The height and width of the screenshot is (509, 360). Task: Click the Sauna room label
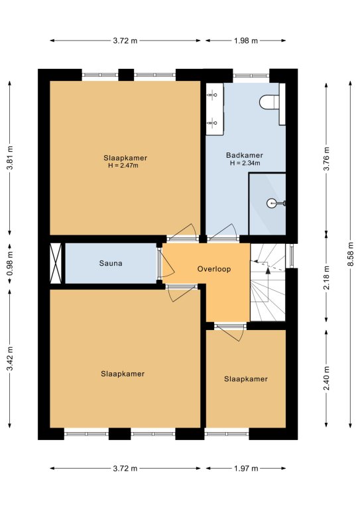(x=111, y=263)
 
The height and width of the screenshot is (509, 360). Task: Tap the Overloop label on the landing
(x=214, y=269)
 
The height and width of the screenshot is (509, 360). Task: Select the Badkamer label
(x=245, y=155)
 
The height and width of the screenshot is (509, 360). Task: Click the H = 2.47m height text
(x=123, y=166)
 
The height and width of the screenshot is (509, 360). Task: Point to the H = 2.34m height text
(x=245, y=163)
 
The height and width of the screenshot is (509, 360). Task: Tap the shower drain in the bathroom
(x=271, y=203)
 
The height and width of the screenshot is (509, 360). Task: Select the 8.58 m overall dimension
(x=351, y=254)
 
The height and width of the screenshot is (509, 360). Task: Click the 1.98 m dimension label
(x=246, y=40)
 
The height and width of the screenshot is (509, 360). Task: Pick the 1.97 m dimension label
(x=246, y=468)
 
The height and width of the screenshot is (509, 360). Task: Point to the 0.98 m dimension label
(x=10, y=263)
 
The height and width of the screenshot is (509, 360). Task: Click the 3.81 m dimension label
(x=10, y=158)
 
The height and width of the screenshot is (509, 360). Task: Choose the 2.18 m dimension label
(x=327, y=278)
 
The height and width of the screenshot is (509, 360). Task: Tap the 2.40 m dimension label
(x=327, y=378)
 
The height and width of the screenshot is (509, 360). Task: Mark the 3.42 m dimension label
(x=10, y=359)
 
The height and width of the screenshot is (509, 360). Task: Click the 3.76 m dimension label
(x=327, y=158)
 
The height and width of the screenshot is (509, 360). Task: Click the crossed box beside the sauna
(x=56, y=263)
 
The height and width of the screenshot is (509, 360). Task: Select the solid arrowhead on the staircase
(x=268, y=270)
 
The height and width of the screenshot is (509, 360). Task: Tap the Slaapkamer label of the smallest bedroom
(x=246, y=379)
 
